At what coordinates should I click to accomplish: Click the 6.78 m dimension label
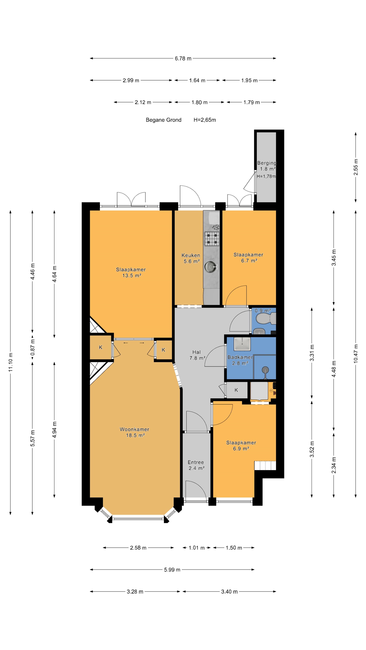[x=183, y=58]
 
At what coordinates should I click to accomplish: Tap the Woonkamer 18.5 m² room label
[x=135, y=432]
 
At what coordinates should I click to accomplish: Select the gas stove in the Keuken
[x=211, y=239]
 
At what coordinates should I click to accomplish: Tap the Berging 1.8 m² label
[x=267, y=166]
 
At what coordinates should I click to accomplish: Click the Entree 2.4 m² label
[x=196, y=465]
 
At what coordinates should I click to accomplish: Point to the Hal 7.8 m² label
[x=197, y=355]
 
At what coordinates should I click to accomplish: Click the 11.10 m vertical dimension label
[x=10, y=362]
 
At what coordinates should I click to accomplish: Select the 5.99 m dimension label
[x=172, y=569]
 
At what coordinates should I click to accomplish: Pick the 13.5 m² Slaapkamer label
[x=131, y=273]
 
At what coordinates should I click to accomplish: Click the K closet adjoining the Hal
[x=236, y=390]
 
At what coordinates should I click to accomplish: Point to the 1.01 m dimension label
[x=197, y=548]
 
